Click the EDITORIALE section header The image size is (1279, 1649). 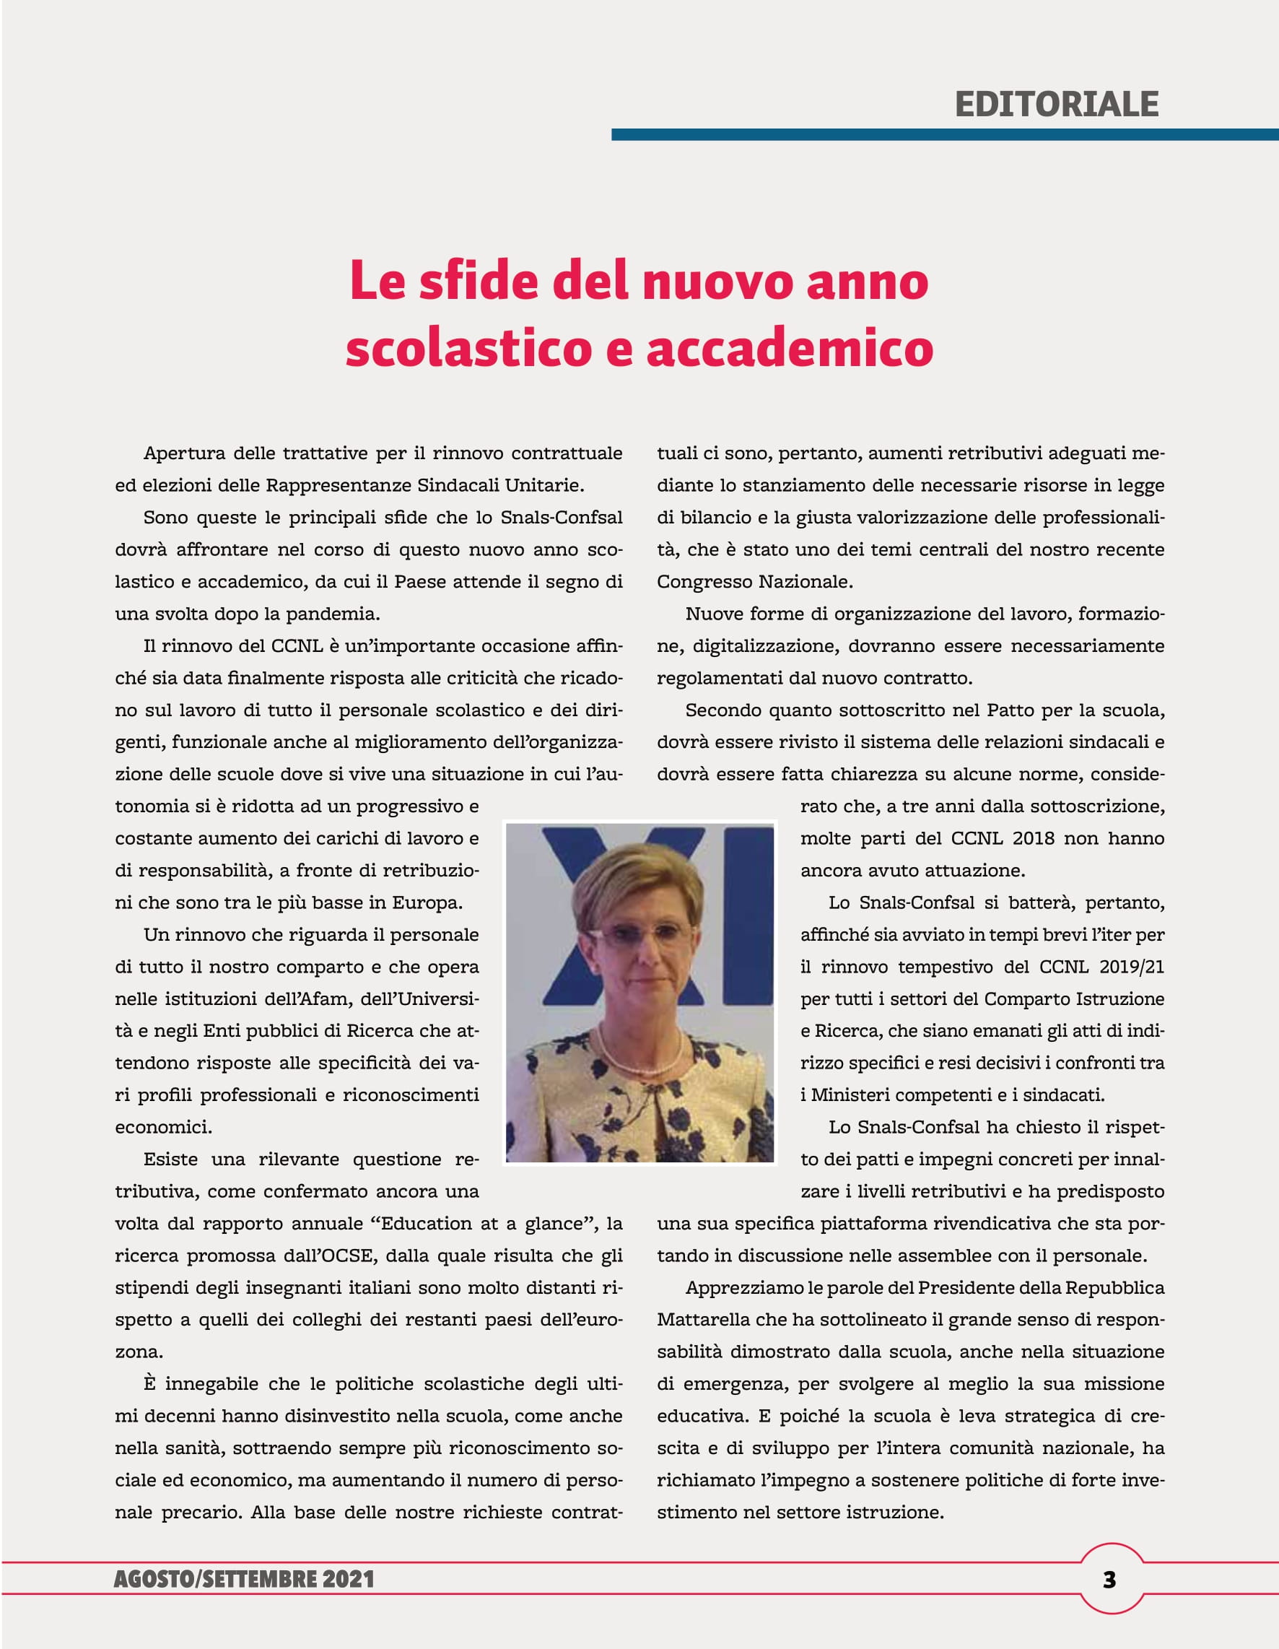click(1056, 104)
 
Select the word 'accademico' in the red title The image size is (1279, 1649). click(790, 348)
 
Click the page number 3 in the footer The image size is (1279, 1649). click(1109, 1580)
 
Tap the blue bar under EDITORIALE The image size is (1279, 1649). click(944, 134)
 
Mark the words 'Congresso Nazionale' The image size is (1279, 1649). click(754, 582)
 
